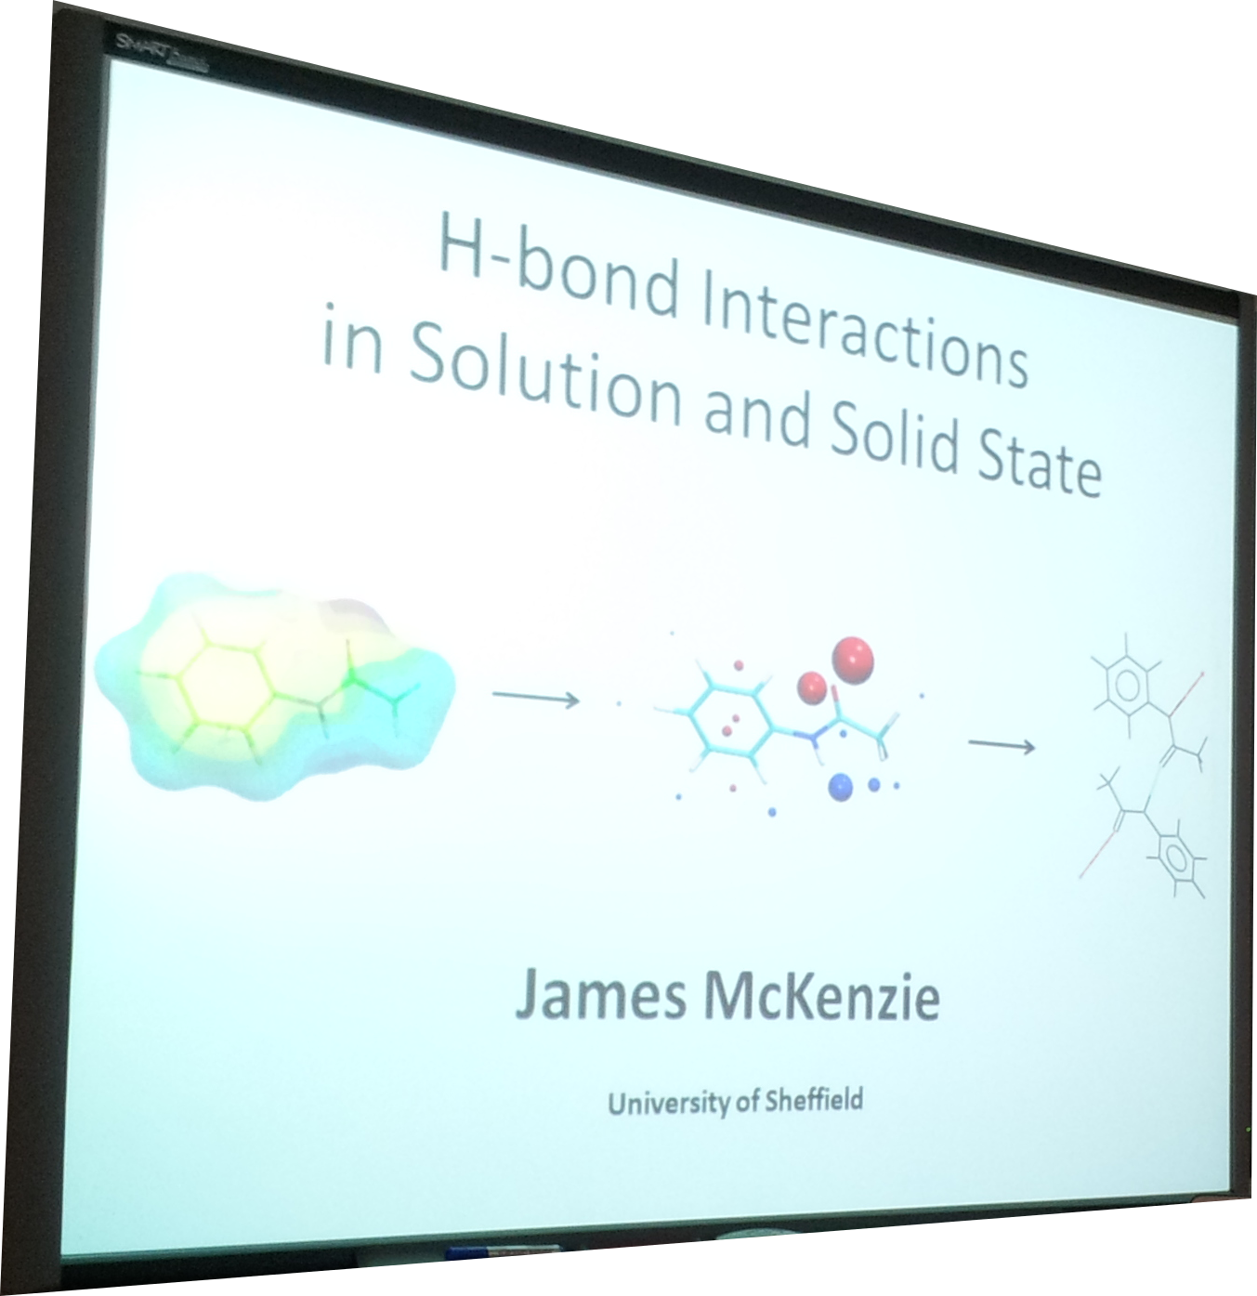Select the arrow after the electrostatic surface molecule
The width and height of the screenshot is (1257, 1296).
point(535,698)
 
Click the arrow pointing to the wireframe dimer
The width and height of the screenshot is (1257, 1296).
point(1002,745)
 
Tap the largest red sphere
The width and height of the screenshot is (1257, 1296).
point(853,660)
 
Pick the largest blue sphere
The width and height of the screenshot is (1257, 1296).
point(841,787)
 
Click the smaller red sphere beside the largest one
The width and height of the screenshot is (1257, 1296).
point(812,687)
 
